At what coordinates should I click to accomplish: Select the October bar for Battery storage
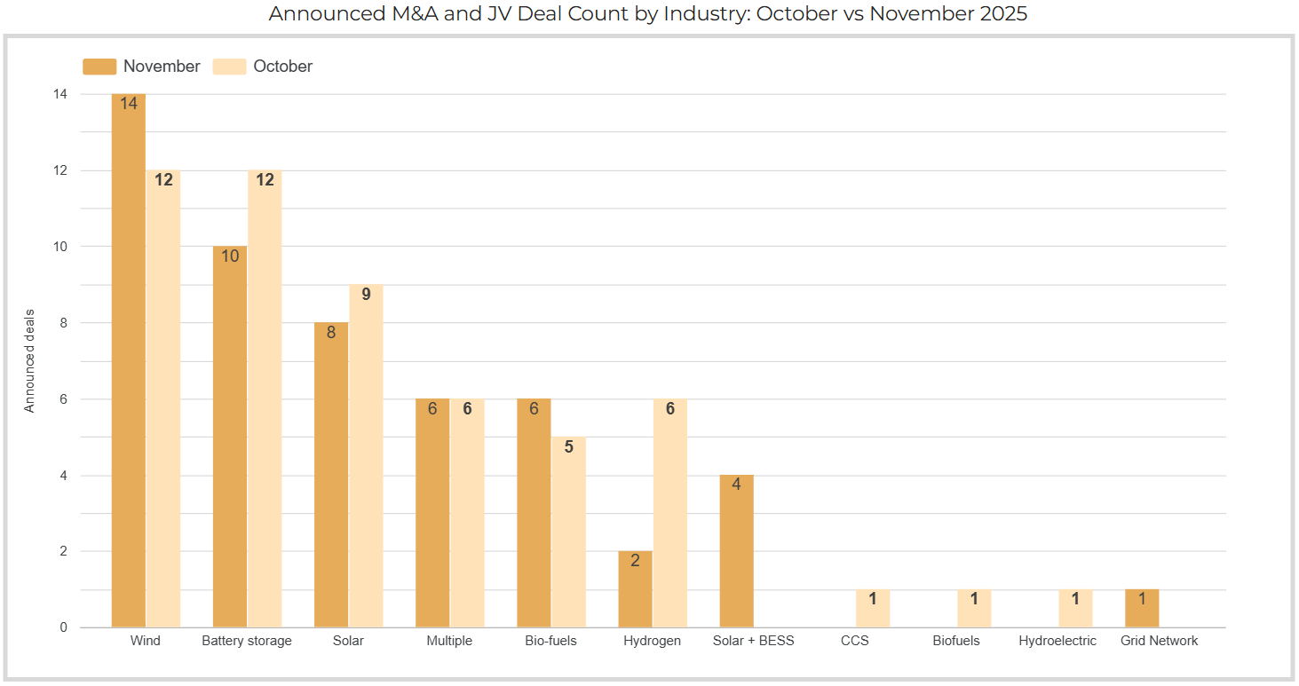coord(265,398)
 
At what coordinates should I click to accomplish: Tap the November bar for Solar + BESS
coord(736,551)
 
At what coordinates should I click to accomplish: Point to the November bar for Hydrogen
coord(635,589)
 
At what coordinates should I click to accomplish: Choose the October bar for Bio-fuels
coord(568,532)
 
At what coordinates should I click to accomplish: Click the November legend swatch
coord(99,67)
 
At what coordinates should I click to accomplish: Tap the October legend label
coord(282,67)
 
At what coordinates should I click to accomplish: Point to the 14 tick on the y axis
coord(61,94)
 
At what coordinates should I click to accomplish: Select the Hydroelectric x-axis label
coord(1057,641)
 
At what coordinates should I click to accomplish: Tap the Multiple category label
coord(449,641)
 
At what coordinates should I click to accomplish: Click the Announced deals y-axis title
coord(30,360)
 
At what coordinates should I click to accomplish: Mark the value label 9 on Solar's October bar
coord(366,294)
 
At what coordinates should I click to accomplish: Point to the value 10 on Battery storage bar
coord(230,256)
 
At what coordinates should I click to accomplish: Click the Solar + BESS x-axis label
coord(754,641)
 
